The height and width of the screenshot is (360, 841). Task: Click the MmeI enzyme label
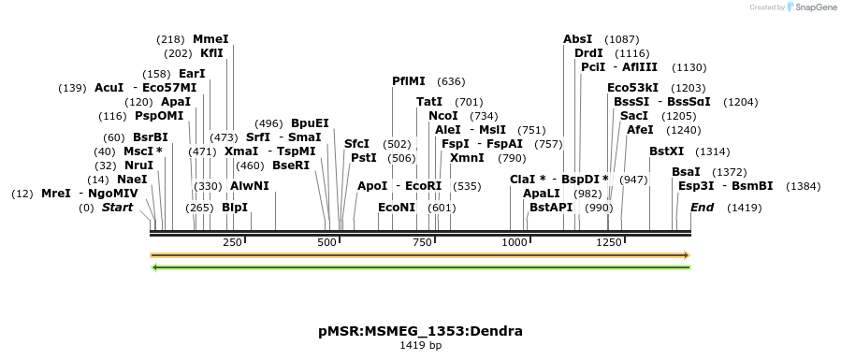210,39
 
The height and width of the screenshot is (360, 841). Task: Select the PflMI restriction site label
408,81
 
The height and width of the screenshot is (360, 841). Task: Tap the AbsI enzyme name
577,39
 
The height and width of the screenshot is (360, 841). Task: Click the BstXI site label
667,151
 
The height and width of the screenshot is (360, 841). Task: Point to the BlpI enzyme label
235,208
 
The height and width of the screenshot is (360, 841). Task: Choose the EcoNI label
397,208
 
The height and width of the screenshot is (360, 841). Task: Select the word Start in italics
118,208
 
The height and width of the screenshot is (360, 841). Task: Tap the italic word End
702,208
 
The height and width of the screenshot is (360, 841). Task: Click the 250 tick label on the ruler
232,243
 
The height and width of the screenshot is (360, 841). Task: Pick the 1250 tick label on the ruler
609,243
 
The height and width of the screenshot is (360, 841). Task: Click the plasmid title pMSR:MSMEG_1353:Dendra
420,331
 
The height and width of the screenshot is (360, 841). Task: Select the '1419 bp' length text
420,346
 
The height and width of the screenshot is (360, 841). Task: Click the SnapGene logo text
810,7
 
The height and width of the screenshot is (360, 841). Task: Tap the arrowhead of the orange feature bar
687,254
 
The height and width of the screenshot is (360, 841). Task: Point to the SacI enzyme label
633,115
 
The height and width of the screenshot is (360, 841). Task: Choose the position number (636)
451,81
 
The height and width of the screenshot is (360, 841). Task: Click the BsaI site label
686,171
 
